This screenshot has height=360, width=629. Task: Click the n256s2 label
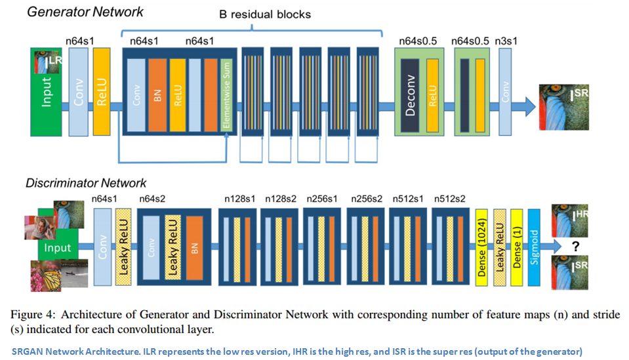(365, 198)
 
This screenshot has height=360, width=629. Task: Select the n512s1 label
(407, 198)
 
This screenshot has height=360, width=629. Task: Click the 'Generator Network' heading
(85, 11)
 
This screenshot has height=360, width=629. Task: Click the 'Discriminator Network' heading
(86, 183)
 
